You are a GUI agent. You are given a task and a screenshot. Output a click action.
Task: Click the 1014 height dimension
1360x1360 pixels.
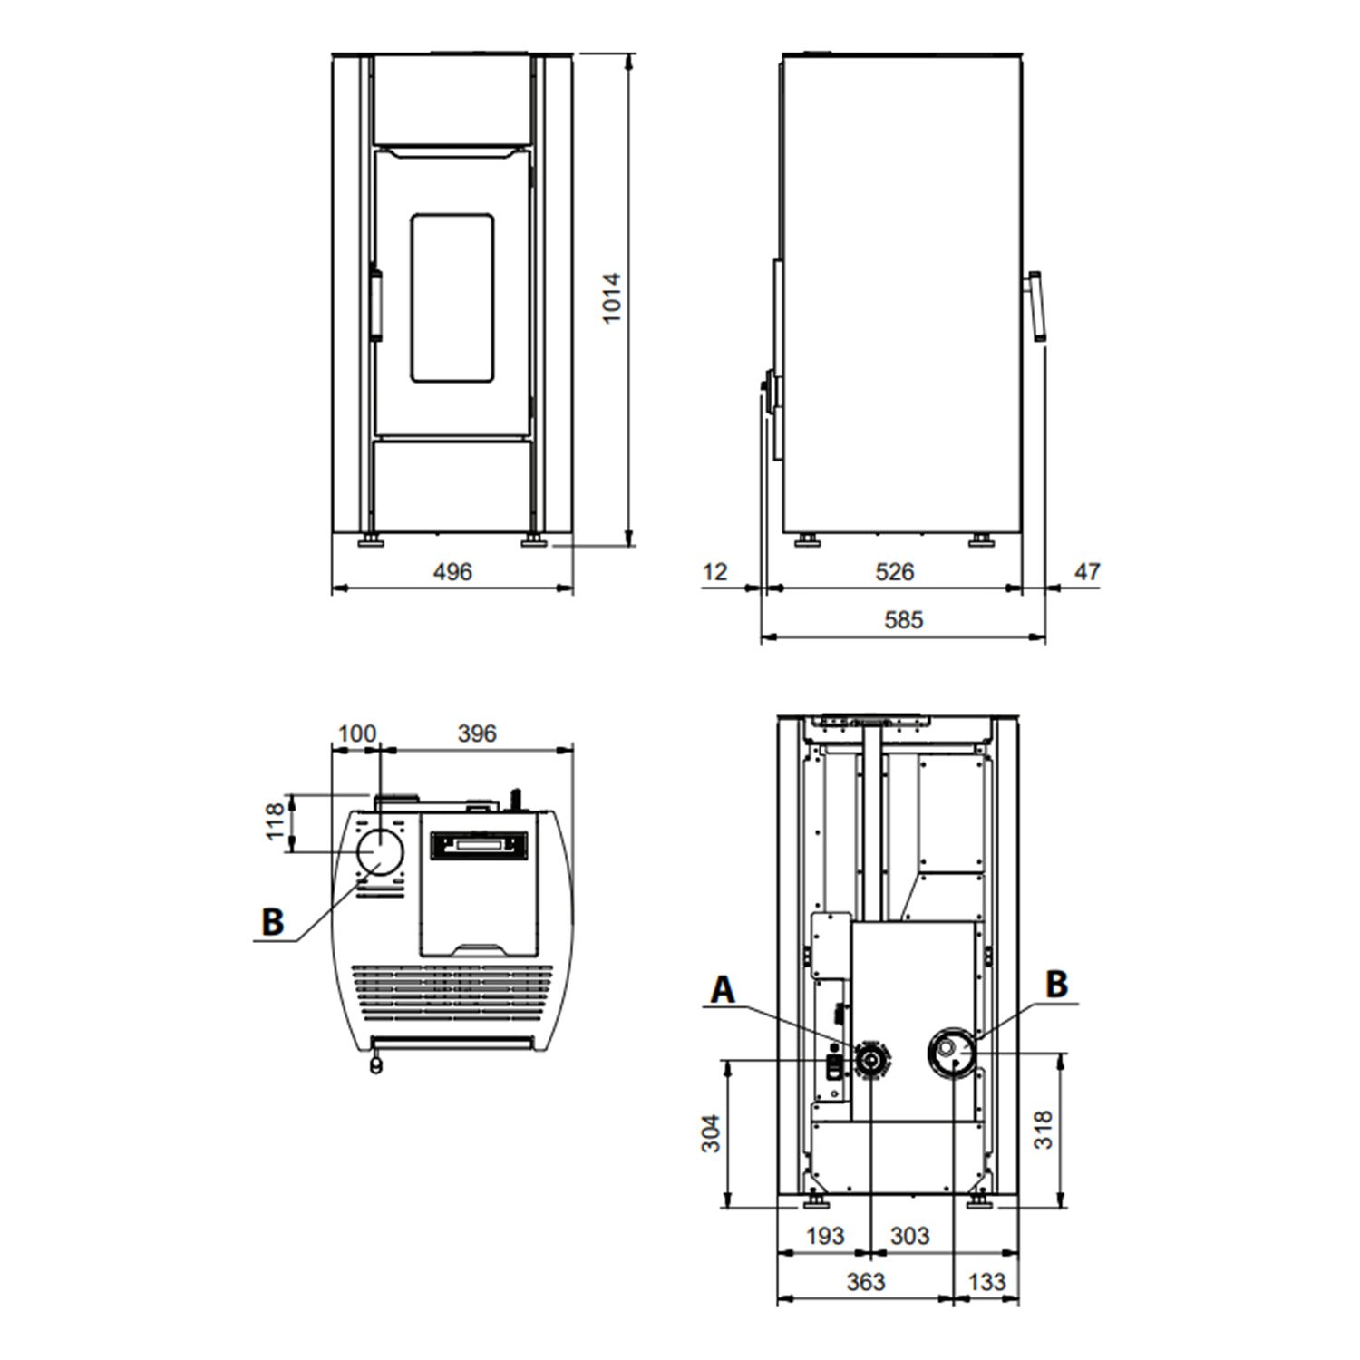[613, 297]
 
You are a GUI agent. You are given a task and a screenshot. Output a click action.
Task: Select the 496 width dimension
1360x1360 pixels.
[452, 572]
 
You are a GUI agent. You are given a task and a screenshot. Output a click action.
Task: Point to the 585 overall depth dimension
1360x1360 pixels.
[904, 620]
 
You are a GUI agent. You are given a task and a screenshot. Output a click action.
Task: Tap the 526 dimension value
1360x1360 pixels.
[895, 572]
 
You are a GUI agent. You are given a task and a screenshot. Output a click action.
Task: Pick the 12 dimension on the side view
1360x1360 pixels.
[714, 572]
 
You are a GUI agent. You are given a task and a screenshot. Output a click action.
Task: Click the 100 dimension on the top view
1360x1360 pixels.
[356, 733]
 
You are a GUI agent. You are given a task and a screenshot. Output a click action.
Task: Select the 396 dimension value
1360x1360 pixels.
[477, 733]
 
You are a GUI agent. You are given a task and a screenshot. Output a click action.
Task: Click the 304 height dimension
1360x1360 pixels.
[712, 1133]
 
